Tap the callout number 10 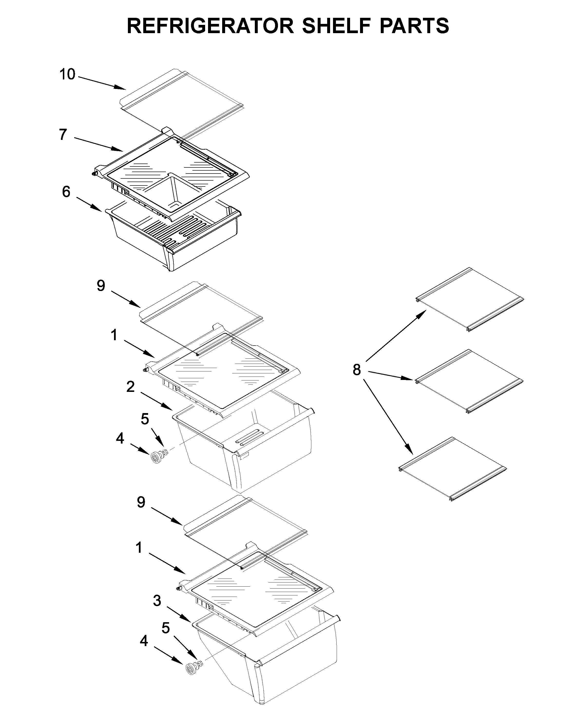click(x=67, y=74)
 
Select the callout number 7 click(x=63, y=135)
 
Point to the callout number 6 click(x=66, y=192)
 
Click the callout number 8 click(x=356, y=369)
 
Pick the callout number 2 click(x=130, y=387)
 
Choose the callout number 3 click(x=157, y=601)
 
